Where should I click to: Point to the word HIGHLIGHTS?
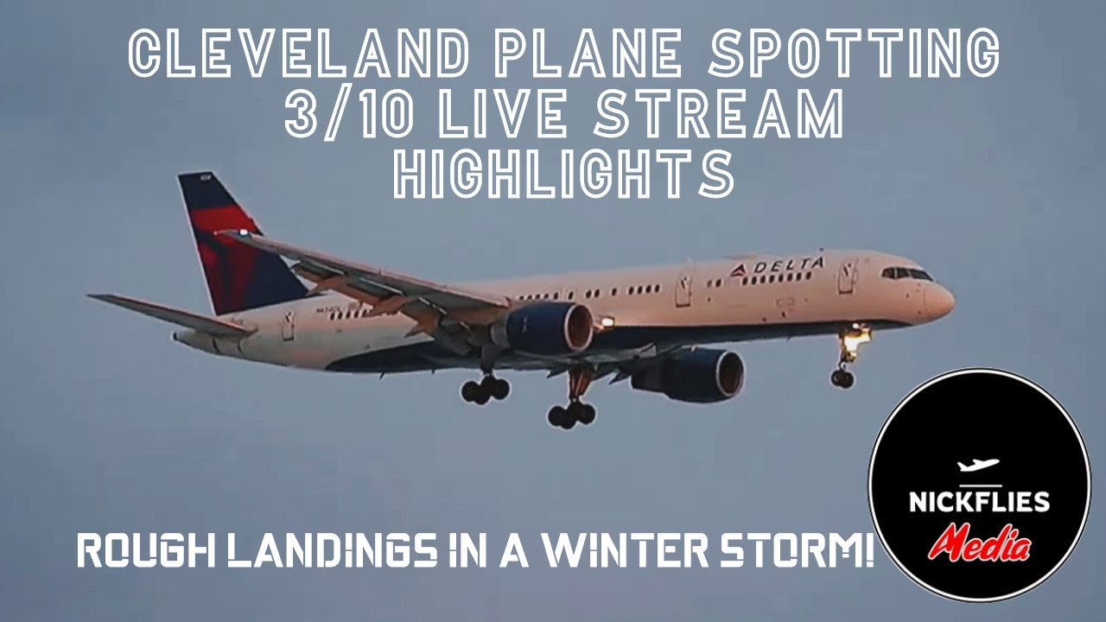[563, 176]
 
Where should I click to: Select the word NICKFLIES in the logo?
[979, 500]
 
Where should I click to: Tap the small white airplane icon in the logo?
[978, 466]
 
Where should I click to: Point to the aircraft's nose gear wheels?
[842, 377]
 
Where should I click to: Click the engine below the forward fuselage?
[691, 373]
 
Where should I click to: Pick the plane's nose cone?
[942, 299]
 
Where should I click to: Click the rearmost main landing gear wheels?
[485, 390]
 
